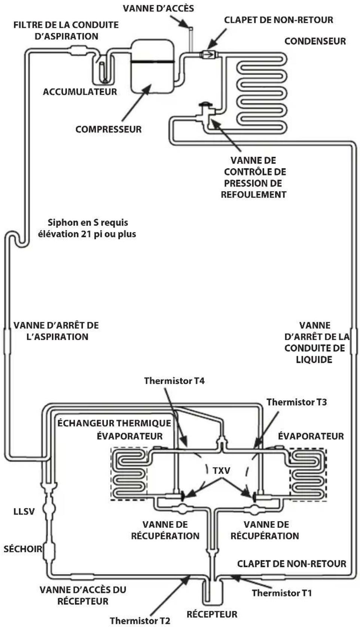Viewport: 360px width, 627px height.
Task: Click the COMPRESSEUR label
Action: [x=109, y=129]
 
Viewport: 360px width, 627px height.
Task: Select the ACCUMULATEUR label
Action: [x=80, y=92]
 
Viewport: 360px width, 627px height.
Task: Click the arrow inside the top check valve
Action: [x=208, y=54]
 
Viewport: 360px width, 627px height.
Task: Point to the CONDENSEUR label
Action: [x=315, y=42]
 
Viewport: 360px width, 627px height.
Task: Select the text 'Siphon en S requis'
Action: [x=88, y=223]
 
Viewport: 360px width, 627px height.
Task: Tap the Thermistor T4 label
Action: [x=174, y=381]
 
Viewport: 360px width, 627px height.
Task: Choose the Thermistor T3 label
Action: [x=296, y=402]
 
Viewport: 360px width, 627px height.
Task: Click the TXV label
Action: [x=222, y=471]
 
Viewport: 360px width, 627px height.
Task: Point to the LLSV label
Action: [x=24, y=512]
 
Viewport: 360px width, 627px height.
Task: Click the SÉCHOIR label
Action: [x=23, y=549]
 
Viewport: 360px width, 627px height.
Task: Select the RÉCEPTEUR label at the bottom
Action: [x=212, y=614]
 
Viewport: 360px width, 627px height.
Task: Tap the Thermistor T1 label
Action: [x=282, y=593]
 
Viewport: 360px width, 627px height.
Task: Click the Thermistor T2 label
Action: [x=140, y=621]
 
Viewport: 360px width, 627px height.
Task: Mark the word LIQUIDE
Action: [x=314, y=360]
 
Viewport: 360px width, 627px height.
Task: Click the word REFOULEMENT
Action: [x=254, y=195]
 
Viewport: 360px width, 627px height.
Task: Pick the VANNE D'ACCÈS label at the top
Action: [x=158, y=8]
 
